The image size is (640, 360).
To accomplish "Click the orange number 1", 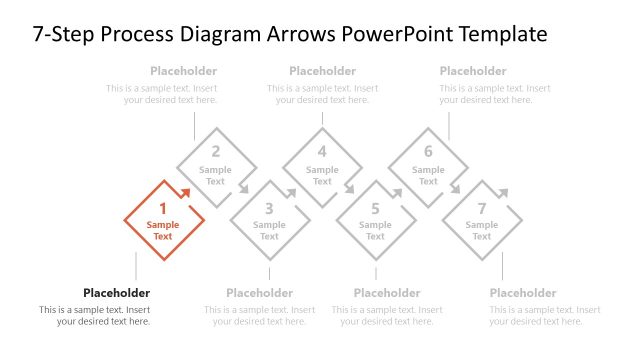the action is pos(163,209).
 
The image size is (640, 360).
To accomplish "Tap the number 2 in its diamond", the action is pos(215,152).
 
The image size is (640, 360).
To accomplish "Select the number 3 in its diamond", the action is pos(269,209).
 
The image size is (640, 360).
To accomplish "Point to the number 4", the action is pos(322,152).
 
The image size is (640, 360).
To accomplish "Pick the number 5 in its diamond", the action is pos(375,209).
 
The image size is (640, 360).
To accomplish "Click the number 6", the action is pos(428,152).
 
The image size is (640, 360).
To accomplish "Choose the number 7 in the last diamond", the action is pos(481,209).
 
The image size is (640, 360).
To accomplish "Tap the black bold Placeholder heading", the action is pos(116,293).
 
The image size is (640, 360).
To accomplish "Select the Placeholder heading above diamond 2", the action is pos(183,71).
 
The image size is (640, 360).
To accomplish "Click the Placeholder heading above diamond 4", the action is pos(322,71).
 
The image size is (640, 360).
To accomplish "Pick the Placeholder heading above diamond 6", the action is pos(473,71).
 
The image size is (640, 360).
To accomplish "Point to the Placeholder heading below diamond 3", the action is pos(260,293).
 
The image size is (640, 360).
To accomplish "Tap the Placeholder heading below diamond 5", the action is pos(387,293).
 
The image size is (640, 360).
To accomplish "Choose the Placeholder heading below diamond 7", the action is pos(523,293).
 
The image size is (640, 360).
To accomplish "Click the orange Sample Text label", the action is pos(163,231).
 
